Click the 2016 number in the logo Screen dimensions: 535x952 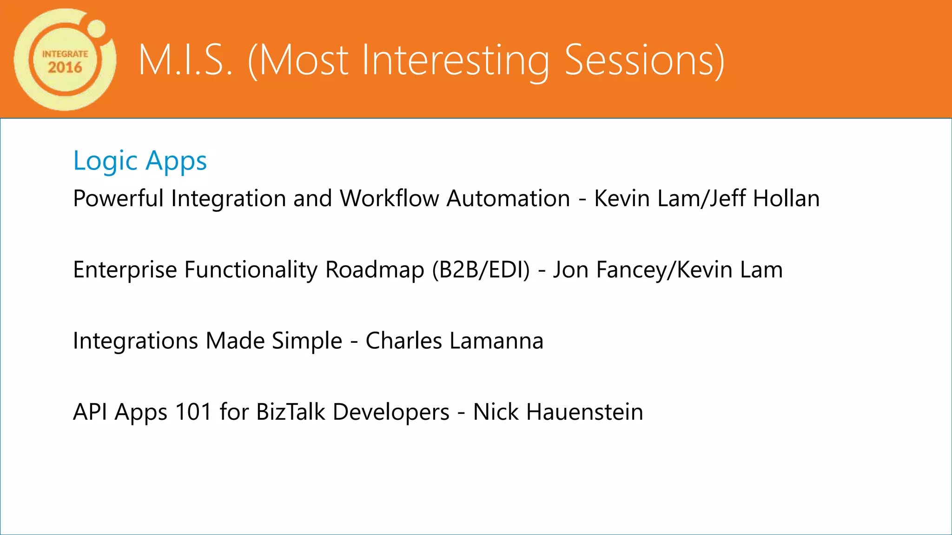click(65, 68)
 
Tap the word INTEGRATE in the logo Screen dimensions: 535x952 click(65, 54)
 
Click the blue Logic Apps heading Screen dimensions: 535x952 click(140, 161)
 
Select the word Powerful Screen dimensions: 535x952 click(118, 198)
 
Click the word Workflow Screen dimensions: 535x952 click(390, 198)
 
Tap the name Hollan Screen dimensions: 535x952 click(786, 198)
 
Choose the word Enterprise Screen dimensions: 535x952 click(125, 270)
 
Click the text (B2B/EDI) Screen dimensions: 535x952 click(481, 270)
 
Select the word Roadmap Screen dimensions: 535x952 click(375, 270)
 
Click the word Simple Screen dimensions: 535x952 click(307, 341)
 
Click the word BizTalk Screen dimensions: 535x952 click(291, 412)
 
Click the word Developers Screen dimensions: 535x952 click(391, 412)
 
